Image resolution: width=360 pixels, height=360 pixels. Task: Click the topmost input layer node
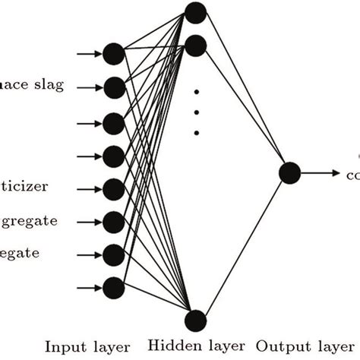pyautogui.click(x=113, y=53)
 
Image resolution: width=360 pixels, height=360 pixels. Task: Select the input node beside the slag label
pyautogui.click(x=113, y=86)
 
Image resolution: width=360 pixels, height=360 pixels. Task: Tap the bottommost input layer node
pyautogui.click(x=113, y=286)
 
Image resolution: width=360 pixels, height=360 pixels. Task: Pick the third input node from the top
pyautogui.click(x=113, y=122)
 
